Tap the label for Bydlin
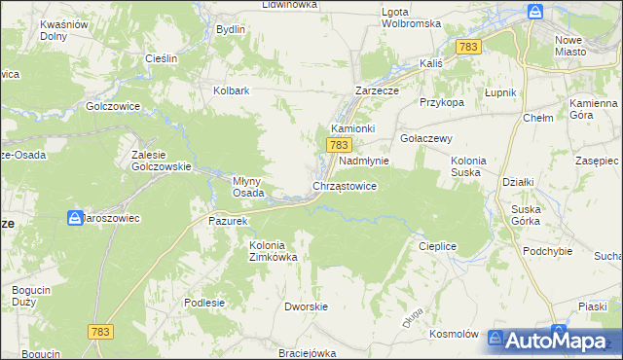click(x=231, y=29)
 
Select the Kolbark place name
click(x=232, y=91)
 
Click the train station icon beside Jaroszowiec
click(x=75, y=218)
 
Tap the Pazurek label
click(x=230, y=221)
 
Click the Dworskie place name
click(x=304, y=306)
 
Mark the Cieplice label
click(x=437, y=246)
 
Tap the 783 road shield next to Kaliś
click(x=469, y=47)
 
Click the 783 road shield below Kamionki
click(x=338, y=145)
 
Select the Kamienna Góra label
click(x=594, y=109)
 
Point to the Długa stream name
click(x=412, y=314)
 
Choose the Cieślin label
click(x=161, y=58)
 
